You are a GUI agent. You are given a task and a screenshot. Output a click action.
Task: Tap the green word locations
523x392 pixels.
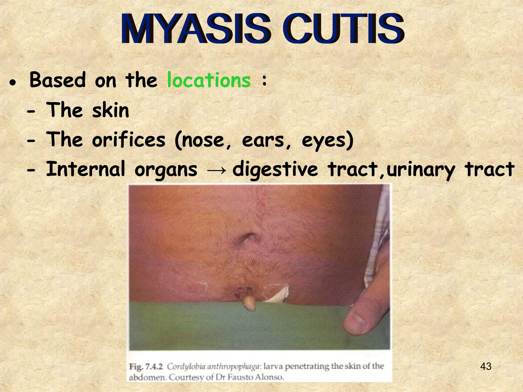tap(209, 80)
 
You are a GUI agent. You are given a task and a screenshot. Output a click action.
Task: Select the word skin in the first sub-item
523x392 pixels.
tap(110, 111)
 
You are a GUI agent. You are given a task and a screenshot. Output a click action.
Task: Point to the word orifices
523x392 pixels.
tap(128, 140)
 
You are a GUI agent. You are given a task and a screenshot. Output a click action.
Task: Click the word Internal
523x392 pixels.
tap(86, 169)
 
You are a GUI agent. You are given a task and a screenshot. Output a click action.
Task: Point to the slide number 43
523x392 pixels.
tap(486, 366)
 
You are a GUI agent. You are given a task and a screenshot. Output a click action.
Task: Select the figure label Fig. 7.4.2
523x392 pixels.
tap(146, 367)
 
